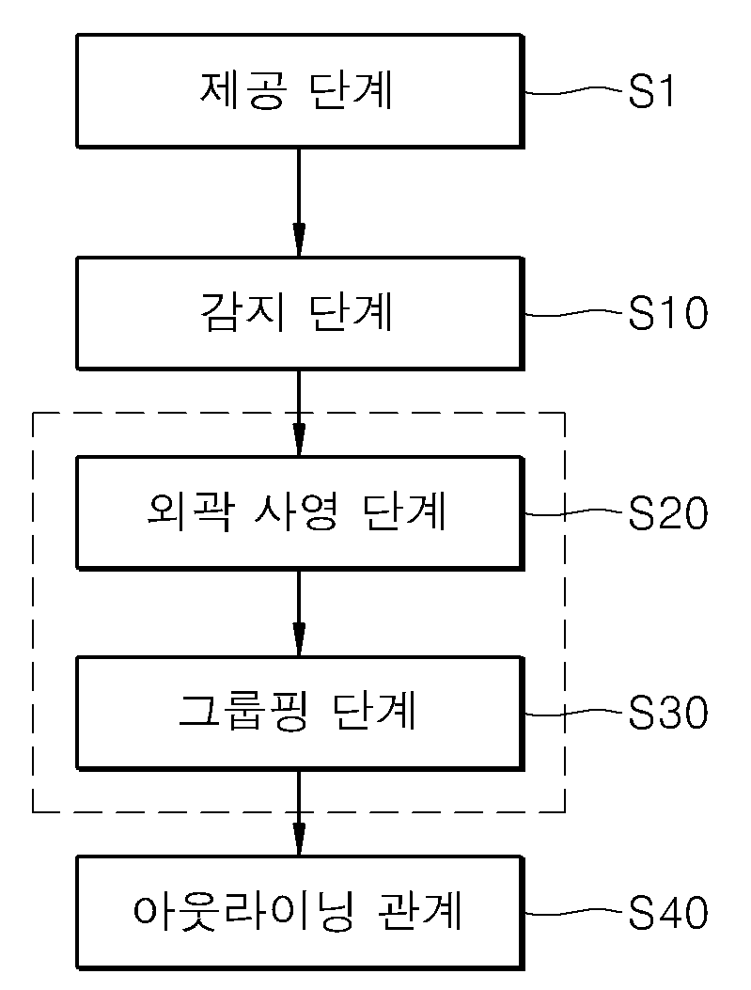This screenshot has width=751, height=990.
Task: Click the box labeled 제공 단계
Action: point(300,91)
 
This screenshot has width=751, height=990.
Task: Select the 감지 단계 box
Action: point(300,313)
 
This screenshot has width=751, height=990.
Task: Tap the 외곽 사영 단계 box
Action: point(300,512)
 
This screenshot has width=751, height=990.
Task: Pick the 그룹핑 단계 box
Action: point(300,713)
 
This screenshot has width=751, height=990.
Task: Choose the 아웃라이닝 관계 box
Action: point(300,912)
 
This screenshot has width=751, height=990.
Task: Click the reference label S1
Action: point(651,91)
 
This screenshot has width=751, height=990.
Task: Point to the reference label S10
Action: point(667,313)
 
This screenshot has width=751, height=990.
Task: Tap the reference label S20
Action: point(667,512)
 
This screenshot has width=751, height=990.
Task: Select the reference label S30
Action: point(667,713)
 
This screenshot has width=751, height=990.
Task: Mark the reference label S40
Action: point(667,912)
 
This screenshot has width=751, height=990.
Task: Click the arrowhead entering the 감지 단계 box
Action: point(299,240)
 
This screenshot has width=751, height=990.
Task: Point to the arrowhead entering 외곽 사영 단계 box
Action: point(299,439)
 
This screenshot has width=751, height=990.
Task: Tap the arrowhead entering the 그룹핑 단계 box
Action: point(299,639)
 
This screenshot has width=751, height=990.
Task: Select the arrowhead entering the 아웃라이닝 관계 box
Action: point(299,839)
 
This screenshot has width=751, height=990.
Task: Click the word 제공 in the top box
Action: point(243,91)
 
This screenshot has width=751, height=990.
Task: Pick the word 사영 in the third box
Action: point(295,511)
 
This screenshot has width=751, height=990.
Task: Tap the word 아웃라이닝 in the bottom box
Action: point(243,912)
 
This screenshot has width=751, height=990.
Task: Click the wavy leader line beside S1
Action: point(575,91)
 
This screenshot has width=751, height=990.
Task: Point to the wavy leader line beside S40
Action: point(575,912)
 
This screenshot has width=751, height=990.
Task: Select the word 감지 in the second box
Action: point(243,312)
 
